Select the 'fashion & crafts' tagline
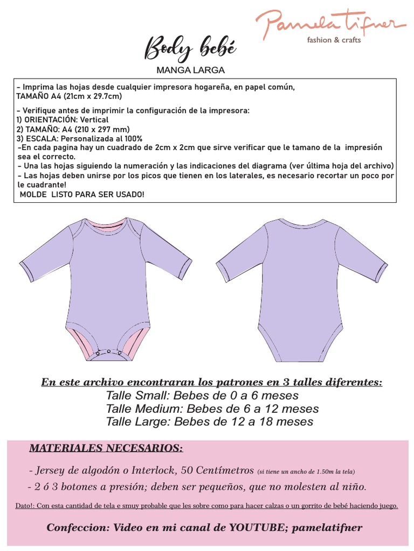click(334, 40)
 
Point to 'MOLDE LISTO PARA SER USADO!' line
click(82, 194)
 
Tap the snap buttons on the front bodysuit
click(108, 352)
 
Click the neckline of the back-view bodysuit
click(301, 221)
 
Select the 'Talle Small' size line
click(202, 395)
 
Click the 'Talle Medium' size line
click(212, 408)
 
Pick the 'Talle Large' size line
click(210, 421)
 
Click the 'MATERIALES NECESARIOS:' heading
click(106, 448)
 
